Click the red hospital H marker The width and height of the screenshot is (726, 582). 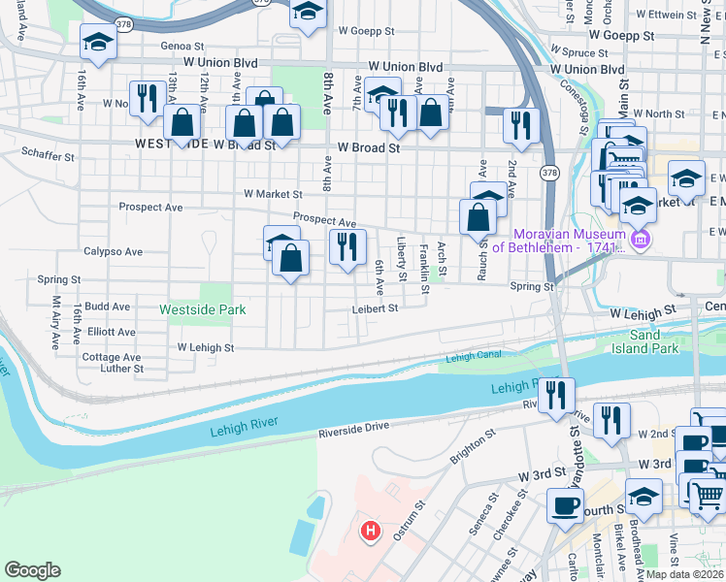coord(370,531)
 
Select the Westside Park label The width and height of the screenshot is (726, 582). coord(203,309)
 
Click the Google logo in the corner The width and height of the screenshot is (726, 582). coord(32,570)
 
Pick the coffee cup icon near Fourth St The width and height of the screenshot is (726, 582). coord(565,504)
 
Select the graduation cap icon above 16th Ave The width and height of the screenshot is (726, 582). coord(98,41)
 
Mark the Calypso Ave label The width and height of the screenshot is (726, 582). coord(114,251)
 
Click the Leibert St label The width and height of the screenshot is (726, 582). coord(376,308)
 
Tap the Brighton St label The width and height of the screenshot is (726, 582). coord(472,447)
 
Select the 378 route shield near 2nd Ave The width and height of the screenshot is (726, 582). coord(550,173)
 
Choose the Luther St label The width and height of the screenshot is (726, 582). coord(122,369)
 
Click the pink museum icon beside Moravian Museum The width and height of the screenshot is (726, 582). coord(639,240)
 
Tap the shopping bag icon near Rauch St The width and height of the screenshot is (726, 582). coord(478,217)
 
